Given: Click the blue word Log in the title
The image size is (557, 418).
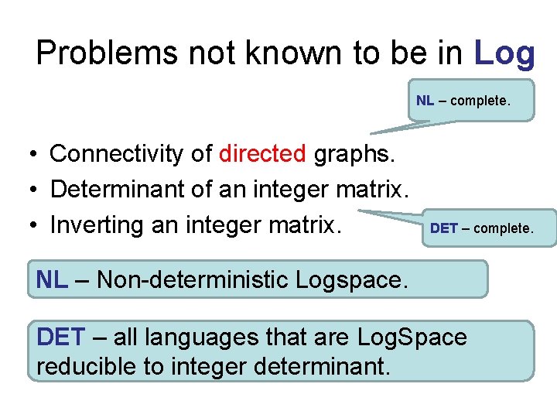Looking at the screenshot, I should [504, 53].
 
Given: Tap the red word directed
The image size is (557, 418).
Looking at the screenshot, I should [262, 154].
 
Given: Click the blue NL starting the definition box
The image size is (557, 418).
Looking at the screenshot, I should [52, 279].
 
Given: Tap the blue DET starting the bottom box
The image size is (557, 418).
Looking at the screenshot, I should [61, 337].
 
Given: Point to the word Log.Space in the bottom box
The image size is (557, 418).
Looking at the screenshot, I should [412, 337].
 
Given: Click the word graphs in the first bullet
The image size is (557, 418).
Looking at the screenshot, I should [354, 154].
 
